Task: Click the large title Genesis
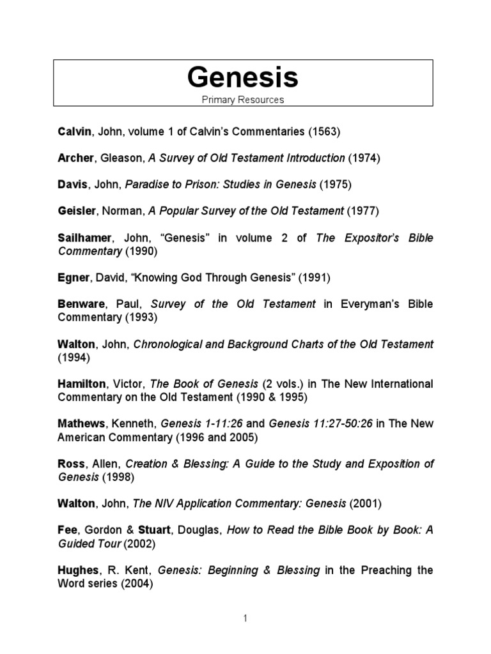coord(242,77)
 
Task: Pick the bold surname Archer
coord(75,158)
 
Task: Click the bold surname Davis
coord(72,185)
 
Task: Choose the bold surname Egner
coord(73,277)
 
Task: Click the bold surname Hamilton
coord(81,383)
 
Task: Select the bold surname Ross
coord(70,463)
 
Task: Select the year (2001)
coord(365,503)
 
